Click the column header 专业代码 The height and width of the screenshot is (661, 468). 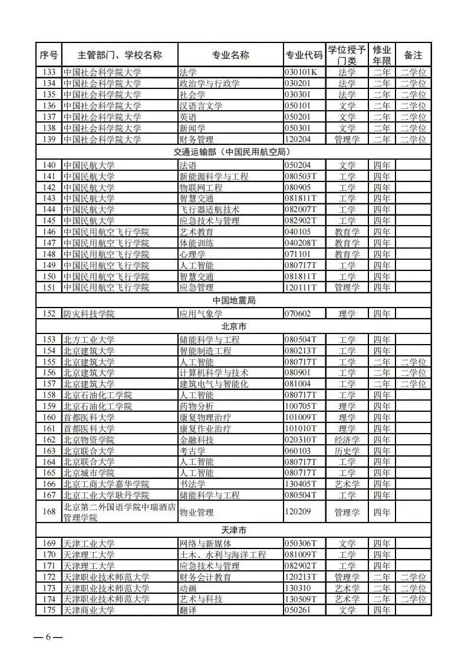click(304, 55)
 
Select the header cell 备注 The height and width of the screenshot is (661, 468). click(413, 55)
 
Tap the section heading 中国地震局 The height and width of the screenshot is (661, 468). click(234, 300)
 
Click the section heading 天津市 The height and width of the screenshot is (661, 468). click(234, 531)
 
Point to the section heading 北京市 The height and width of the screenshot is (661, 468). click(234, 326)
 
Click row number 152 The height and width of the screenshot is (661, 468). click(50, 313)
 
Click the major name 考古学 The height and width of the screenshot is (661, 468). click(192, 451)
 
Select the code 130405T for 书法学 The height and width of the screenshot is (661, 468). click(301, 484)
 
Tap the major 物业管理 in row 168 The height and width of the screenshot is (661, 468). click(196, 512)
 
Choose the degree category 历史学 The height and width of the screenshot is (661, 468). click(347, 451)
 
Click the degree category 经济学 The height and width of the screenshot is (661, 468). click(347, 439)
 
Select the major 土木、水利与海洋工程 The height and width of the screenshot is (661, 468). click(222, 554)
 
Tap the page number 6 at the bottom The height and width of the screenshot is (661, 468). click(49, 638)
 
